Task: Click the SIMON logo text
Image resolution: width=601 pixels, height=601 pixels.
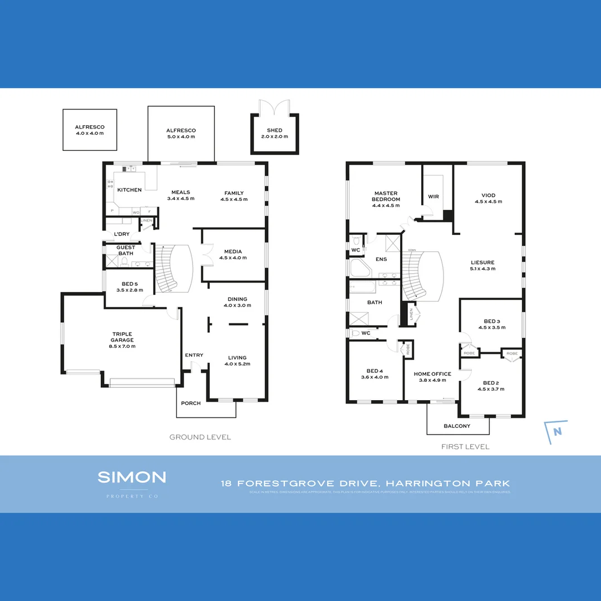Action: [132, 477]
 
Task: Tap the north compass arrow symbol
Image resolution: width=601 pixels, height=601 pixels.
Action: [556, 432]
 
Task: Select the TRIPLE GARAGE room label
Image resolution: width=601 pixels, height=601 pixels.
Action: [122, 337]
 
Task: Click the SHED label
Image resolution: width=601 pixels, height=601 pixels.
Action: [274, 130]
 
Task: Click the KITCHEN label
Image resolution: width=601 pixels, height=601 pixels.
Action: [129, 190]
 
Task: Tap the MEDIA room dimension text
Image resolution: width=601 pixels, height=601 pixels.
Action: [233, 258]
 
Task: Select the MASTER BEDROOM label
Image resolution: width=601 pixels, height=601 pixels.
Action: [386, 196]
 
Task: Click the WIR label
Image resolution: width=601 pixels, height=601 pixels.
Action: [433, 196]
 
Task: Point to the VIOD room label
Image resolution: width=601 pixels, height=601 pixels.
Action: [488, 195]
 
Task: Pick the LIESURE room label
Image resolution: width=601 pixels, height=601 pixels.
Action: [482, 262]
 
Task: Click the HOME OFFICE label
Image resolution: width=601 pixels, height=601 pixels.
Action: [432, 374]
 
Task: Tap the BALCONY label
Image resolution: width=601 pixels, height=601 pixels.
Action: [457, 426]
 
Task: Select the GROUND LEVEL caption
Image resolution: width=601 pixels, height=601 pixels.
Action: [200, 437]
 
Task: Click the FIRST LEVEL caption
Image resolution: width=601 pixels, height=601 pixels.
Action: [465, 447]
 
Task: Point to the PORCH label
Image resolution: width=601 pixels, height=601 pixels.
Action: [191, 403]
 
